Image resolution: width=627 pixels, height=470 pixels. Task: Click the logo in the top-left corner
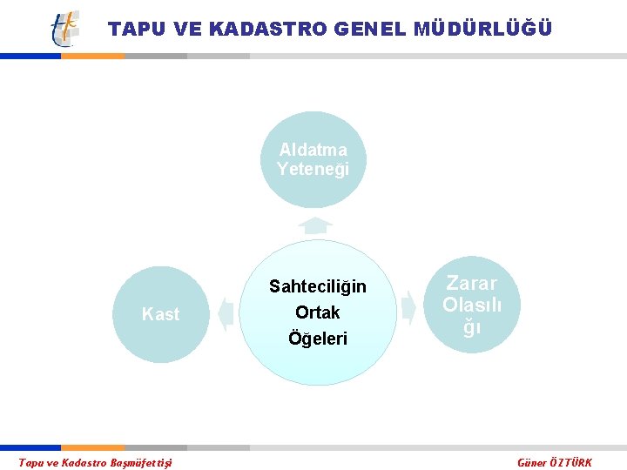[x=64, y=29]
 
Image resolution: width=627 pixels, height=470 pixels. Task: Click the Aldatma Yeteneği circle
[x=313, y=159]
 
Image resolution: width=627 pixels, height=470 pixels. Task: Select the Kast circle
[x=160, y=314]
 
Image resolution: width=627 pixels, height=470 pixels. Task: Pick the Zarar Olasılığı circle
[x=471, y=305]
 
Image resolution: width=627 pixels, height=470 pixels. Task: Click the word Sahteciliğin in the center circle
[x=318, y=286]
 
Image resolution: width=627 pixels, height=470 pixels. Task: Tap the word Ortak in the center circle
[x=318, y=312]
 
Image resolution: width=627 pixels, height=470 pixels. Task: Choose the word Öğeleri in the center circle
[x=318, y=339]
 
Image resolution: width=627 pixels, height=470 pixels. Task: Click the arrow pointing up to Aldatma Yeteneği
[x=314, y=225]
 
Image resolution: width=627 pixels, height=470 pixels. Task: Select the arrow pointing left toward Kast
[x=226, y=313]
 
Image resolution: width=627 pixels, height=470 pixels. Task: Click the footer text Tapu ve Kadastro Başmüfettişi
[x=96, y=462]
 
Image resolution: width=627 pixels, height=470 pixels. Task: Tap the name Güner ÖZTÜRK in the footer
[x=555, y=462]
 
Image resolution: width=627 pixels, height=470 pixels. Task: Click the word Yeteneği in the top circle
[x=313, y=169]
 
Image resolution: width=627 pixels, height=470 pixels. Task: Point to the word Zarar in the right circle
[x=471, y=283]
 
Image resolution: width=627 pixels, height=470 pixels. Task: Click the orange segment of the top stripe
[x=92, y=56]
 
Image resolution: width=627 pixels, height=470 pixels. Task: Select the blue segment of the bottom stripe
[x=30, y=447]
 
